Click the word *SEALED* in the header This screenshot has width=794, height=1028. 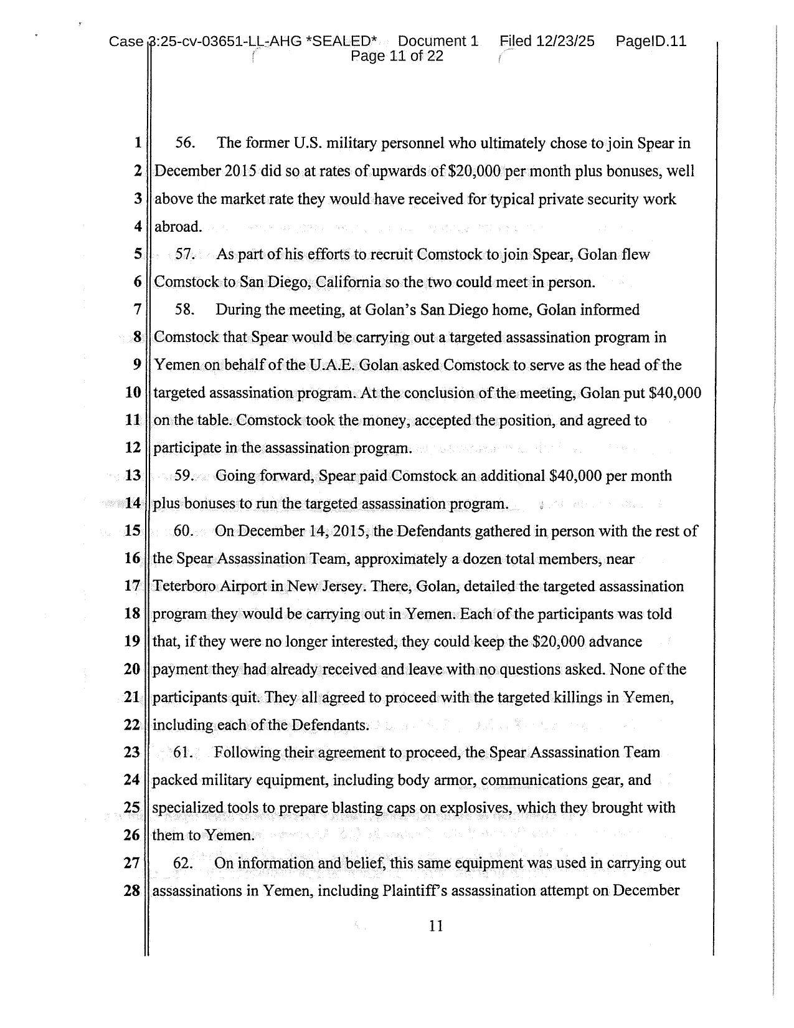pyautogui.click(x=342, y=41)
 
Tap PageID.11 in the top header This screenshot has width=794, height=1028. pyautogui.click(x=651, y=41)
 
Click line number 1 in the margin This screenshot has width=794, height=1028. pyautogui.click(x=137, y=143)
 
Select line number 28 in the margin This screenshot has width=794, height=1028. pyautogui.click(x=132, y=890)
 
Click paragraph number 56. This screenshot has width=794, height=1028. pyautogui.click(x=185, y=143)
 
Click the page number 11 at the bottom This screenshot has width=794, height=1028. pyautogui.click(x=436, y=926)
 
